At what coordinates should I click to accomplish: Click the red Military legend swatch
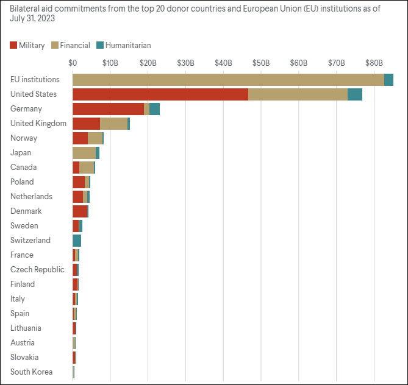coord(13,45)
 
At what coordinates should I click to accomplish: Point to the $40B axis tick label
coord(223,63)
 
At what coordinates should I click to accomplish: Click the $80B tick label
coord(374,63)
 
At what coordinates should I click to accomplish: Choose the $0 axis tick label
coord(73,63)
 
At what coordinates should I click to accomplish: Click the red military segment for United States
coord(160,94)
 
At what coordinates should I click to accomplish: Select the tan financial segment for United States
coord(298,94)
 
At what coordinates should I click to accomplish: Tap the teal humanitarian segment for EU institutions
coord(388,79)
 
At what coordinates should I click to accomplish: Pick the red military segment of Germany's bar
coord(108,108)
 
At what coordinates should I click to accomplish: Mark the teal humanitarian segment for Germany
coord(154,108)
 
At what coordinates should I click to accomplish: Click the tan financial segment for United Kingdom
coord(113,123)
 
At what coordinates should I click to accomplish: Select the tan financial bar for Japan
coord(84,152)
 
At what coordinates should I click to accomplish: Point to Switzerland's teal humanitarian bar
coord(77,240)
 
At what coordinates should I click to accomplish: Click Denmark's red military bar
coord(80,211)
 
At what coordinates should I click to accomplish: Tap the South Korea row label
coord(32,372)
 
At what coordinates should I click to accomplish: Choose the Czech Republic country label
coord(37,269)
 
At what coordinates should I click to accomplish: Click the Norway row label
coord(24,138)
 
